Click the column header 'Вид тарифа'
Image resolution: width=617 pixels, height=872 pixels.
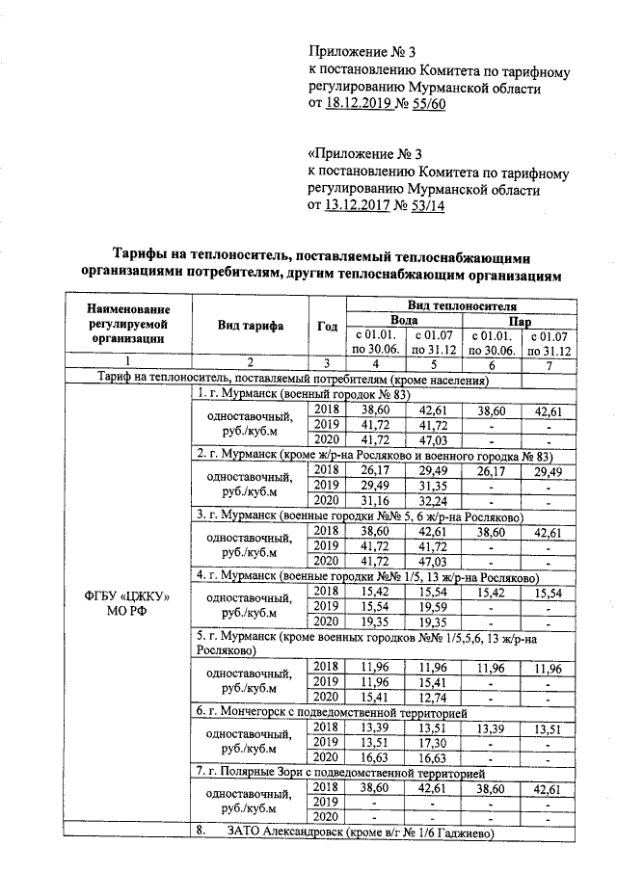(249, 325)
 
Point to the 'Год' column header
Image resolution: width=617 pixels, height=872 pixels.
(327, 325)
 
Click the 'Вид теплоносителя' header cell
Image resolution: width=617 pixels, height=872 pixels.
(462, 304)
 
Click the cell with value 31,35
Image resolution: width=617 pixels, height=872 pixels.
(433, 485)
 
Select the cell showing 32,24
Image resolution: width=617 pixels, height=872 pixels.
(433, 501)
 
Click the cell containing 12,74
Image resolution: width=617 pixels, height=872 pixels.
(433, 696)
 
